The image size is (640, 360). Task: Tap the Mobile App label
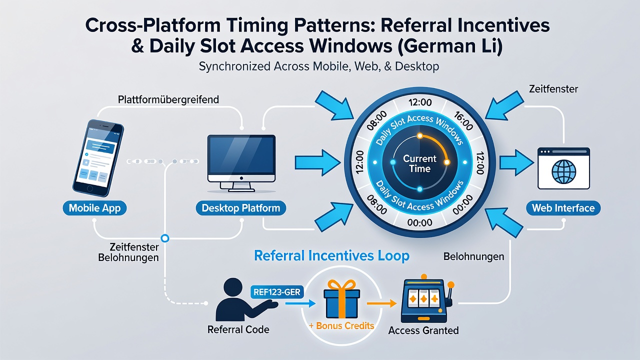[94, 208]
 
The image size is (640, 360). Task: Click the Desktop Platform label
[241, 208]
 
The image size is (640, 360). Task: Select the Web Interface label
[563, 208]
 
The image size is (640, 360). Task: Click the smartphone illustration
[98, 158]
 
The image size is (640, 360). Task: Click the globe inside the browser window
[563, 171]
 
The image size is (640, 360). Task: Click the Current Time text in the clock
[419, 163]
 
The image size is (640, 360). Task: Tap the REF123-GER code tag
[277, 292]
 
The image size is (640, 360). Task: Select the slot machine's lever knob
[451, 284]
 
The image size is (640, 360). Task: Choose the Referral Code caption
[238, 329]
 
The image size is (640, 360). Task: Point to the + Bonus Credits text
[341, 325]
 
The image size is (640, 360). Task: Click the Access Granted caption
[423, 330]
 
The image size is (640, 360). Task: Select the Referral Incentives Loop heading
[331, 255]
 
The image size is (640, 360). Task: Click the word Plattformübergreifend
[168, 99]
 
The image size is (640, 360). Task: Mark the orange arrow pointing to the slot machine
[381, 303]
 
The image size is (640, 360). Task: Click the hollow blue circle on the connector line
[165, 238]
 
